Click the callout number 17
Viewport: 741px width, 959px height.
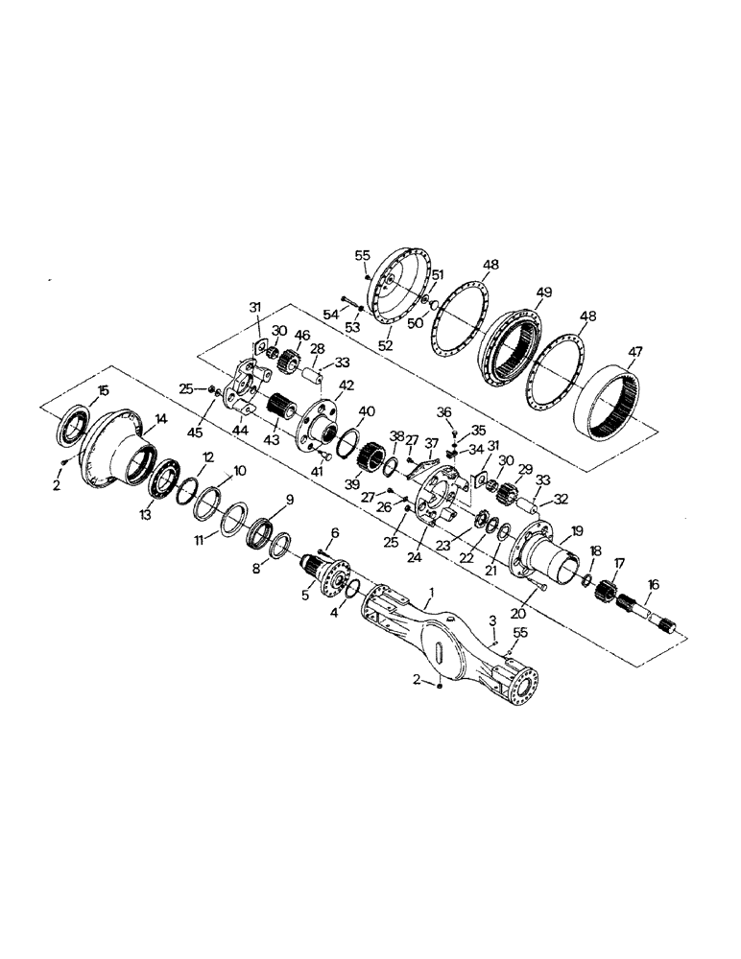[x=619, y=563]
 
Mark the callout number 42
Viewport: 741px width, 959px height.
[x=347, y=386]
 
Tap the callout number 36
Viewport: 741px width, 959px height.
[x=444, y=411]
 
